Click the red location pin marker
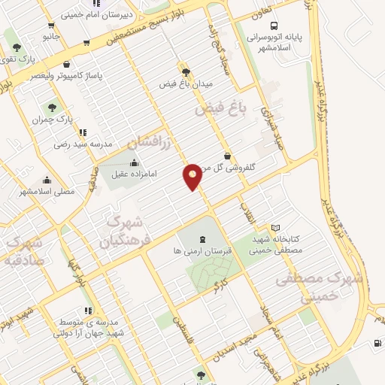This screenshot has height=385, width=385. [x=193, y=176]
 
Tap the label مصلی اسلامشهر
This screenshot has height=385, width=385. [x=47, y=192]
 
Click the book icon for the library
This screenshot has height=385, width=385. [x=275, y=228]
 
